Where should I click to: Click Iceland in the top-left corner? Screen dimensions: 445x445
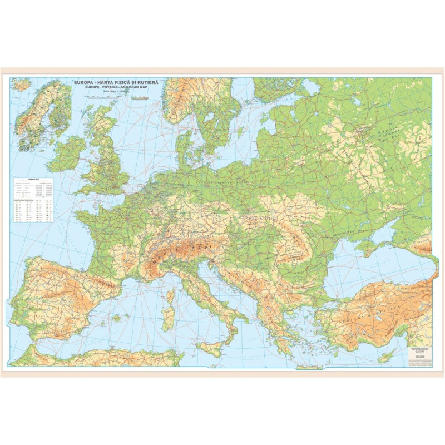[21, 85]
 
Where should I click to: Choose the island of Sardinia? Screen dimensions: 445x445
[169, 318]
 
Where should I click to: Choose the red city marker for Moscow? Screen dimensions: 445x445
[364, 132]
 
